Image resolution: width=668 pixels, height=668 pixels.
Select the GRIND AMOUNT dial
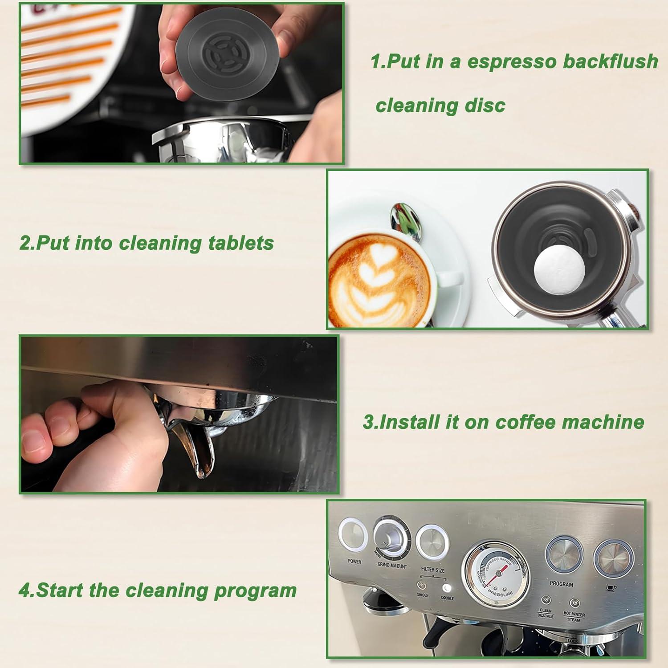[391, 538]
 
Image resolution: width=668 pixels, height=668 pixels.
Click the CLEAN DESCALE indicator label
[545, 613]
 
